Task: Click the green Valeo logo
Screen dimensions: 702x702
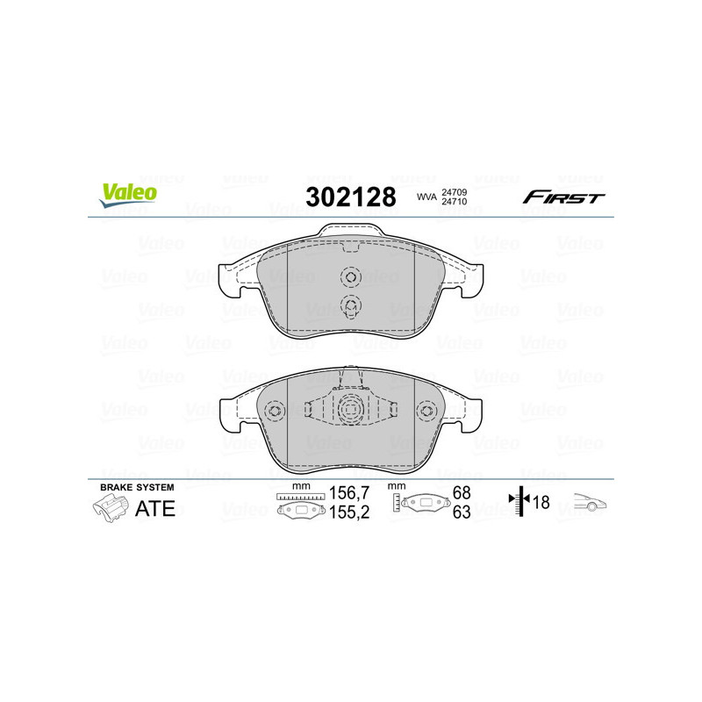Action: [128, 195]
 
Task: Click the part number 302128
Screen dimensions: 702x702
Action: [351, 197]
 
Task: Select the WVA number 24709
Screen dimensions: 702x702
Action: [454, 192]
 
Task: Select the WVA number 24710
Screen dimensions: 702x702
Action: [454, 202]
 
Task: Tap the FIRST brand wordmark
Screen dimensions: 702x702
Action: [563, 197]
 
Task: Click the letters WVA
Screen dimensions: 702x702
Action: [426, 197]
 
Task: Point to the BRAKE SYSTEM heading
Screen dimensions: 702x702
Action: [137, 487]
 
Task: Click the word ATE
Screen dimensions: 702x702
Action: [155, 509]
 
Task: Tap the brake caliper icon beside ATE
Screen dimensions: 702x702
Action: [111, 509]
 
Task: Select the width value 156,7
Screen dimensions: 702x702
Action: [349, 493]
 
